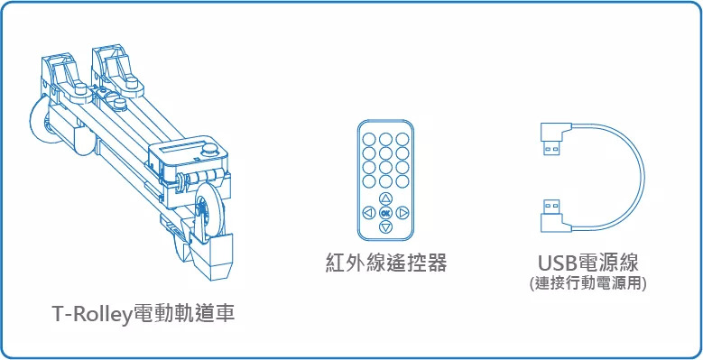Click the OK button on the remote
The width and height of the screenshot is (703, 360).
tap(385, 213)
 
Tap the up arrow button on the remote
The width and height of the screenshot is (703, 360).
tap(385, 198)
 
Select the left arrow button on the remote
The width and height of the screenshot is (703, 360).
tap(368, 213)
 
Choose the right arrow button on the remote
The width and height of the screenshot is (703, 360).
tap(402, 213)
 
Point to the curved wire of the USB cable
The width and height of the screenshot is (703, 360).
tap(643, 177)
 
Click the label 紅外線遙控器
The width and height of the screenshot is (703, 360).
tap(385, 263)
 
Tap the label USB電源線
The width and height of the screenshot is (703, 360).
tap(587, 263)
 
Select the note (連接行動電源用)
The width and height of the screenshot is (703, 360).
tap(587, 284)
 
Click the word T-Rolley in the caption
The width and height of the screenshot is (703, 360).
tap(91, 314)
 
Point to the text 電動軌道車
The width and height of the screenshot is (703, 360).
tap(183, 314)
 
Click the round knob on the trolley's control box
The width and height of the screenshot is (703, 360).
tap(208, 150)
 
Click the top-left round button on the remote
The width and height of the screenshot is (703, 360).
tap(368, 139)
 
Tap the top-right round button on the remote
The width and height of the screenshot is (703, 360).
tap(402, 139)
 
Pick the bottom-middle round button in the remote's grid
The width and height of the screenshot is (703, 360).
tap(385, 181)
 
